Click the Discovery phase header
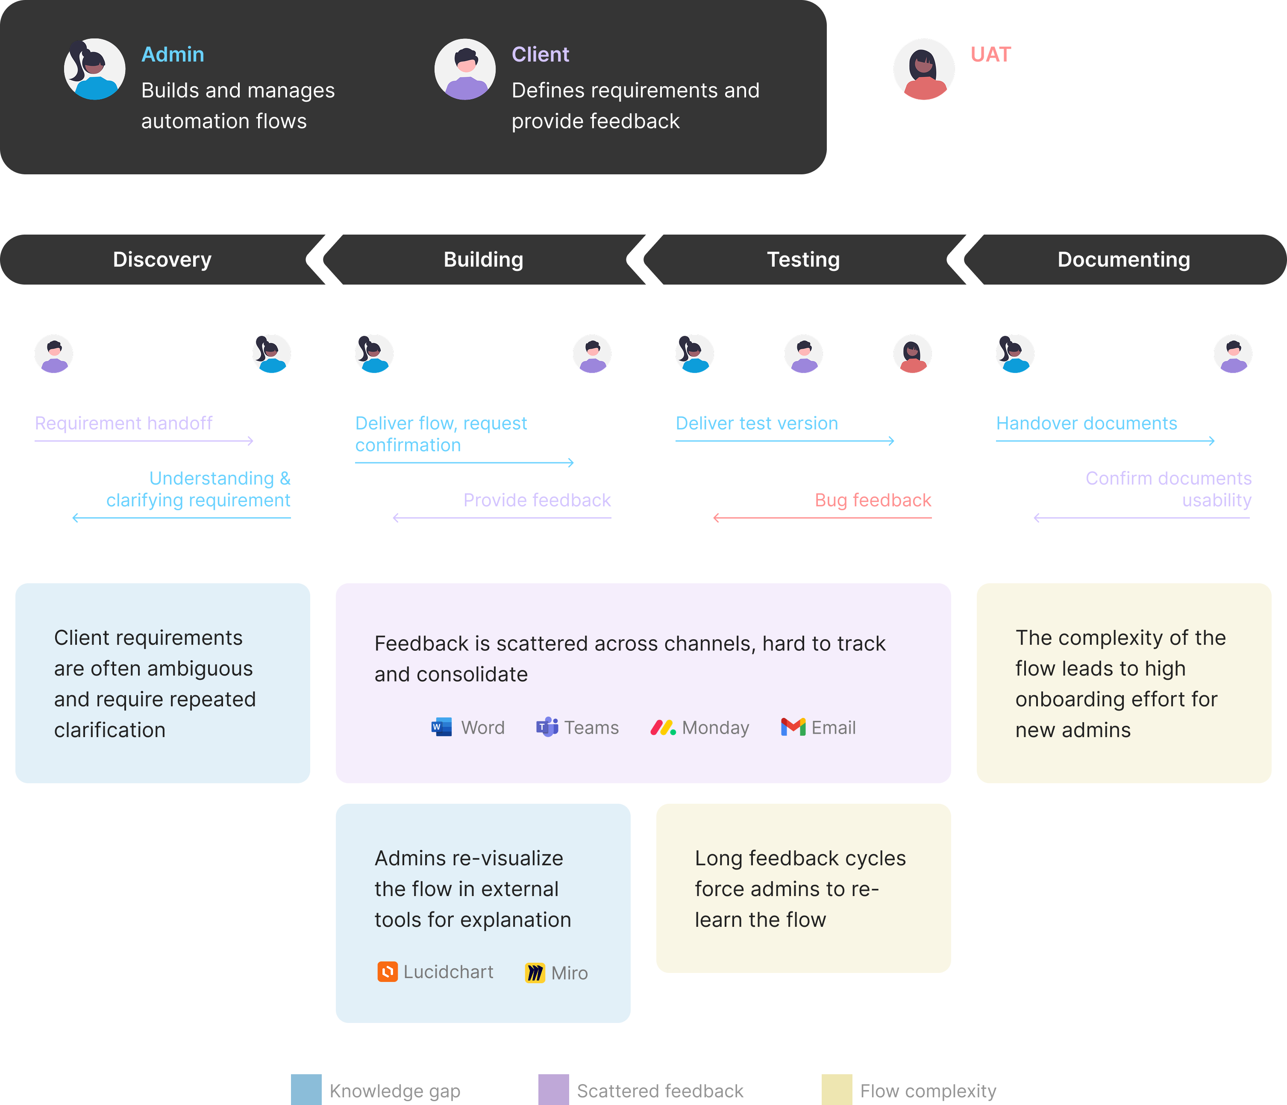162,260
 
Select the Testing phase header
804,260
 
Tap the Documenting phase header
1124,260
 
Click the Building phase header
483,260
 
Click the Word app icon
442,727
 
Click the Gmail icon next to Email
793,727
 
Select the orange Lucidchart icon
388,971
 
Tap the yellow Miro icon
535,972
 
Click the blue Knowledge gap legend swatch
306,1090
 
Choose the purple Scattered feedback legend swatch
553,1090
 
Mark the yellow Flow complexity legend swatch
837,1090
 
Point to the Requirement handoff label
123,423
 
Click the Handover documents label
1086,423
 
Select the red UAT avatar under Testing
912,354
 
